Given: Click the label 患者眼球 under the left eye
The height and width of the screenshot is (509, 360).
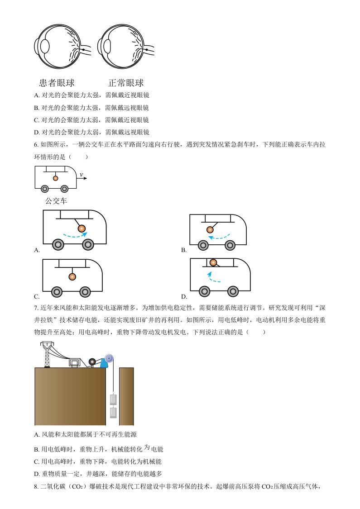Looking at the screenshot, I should (x=57, y=83).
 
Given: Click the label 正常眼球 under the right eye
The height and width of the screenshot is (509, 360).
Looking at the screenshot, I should (x=126, y=83).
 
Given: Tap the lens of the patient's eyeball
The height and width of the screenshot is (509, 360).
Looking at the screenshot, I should (x=44, y=47).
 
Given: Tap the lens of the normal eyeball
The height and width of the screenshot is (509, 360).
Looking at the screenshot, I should (x=107, y=47).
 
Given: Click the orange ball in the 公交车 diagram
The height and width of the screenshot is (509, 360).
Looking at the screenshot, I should (x=56, y=178).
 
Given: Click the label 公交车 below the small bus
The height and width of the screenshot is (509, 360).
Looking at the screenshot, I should (x=56, y=200).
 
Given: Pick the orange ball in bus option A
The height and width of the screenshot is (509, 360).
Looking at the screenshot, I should (x=82, y=228).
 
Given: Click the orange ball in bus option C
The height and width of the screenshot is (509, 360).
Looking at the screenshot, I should (x=72, y=276).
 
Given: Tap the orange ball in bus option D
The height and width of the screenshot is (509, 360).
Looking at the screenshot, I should (x=213, y=262).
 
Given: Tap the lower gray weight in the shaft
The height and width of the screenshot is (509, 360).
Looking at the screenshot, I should (x=113, y=413).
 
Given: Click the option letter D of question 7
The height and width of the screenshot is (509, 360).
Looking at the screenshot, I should (x=37, y=474).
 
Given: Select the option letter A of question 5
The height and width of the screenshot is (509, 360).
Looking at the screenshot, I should (x=37, y=95).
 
